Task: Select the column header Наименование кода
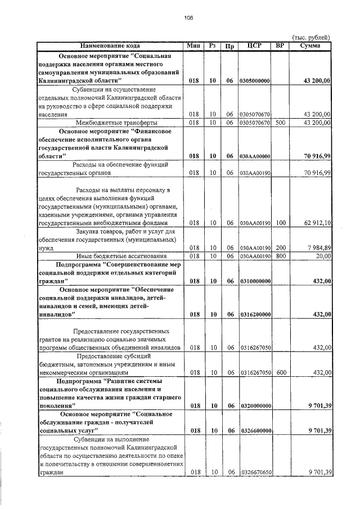pos(110,46)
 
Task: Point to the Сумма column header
pos(310,46)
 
